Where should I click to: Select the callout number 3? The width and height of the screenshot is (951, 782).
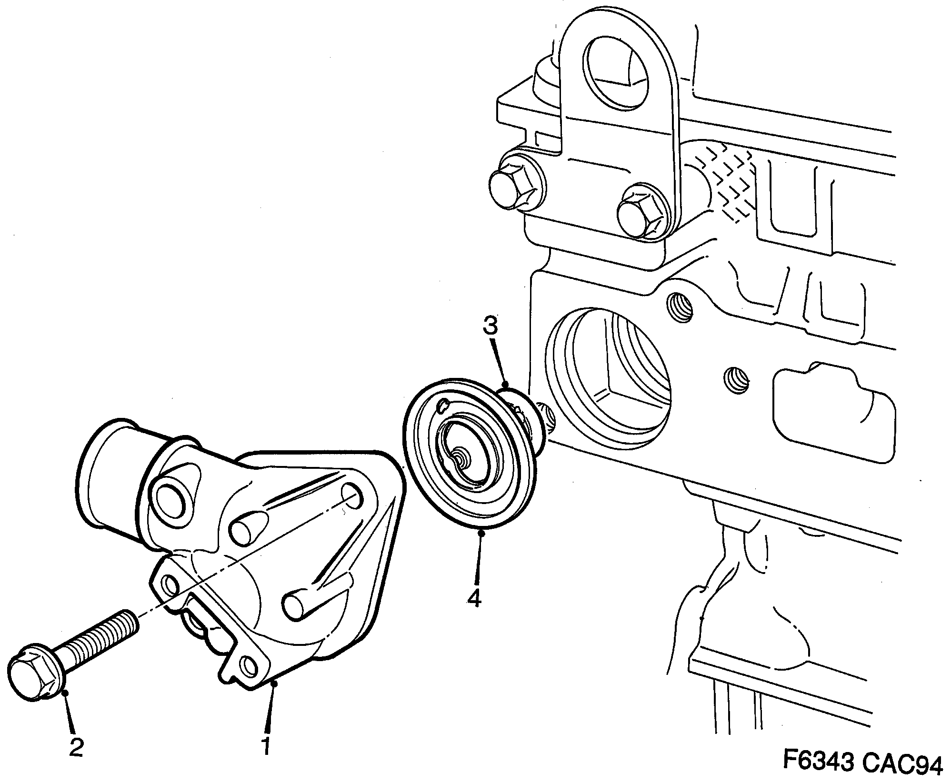tap(490, 327)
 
